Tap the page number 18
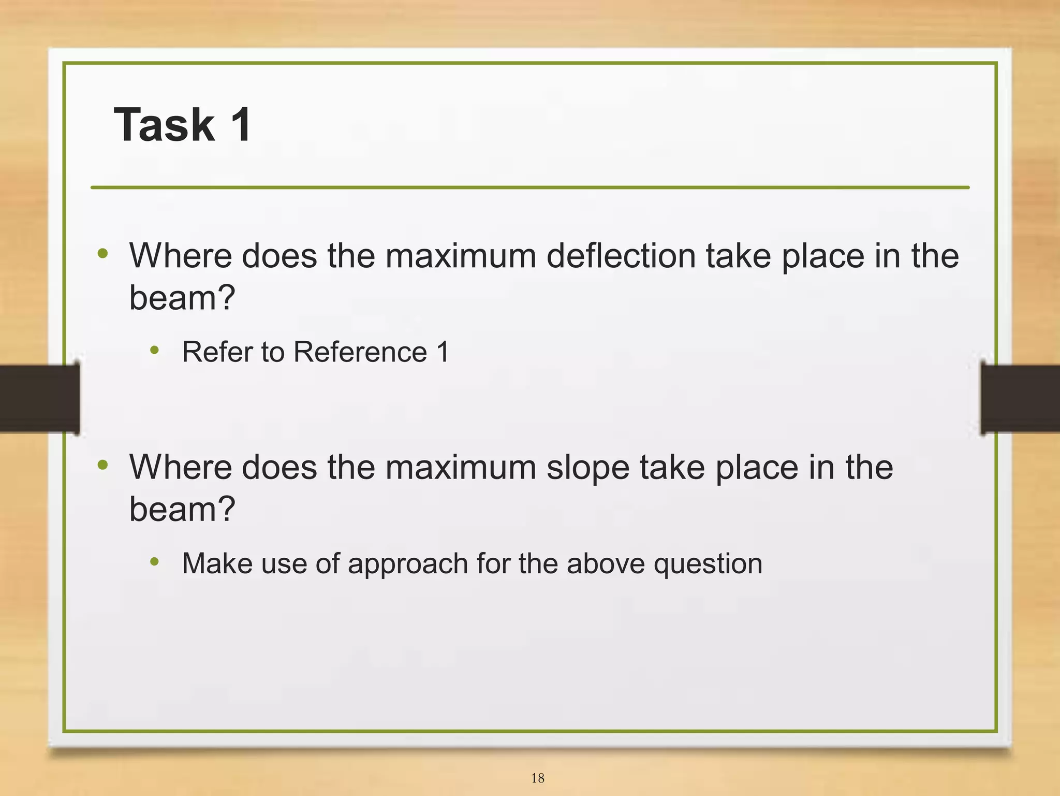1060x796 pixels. click(537, 778)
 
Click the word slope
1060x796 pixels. click(588, 467)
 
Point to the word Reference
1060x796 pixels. click(360, 352)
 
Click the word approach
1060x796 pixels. click(408, 564)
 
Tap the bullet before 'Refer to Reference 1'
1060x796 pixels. click(154, 351)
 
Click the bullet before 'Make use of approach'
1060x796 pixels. click(154, 562)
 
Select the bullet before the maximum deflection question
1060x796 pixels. click(103, 254)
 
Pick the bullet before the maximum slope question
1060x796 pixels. click(103, 465)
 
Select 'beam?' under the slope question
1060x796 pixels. click(182, 509)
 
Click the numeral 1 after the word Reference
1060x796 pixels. click(443, 352)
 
